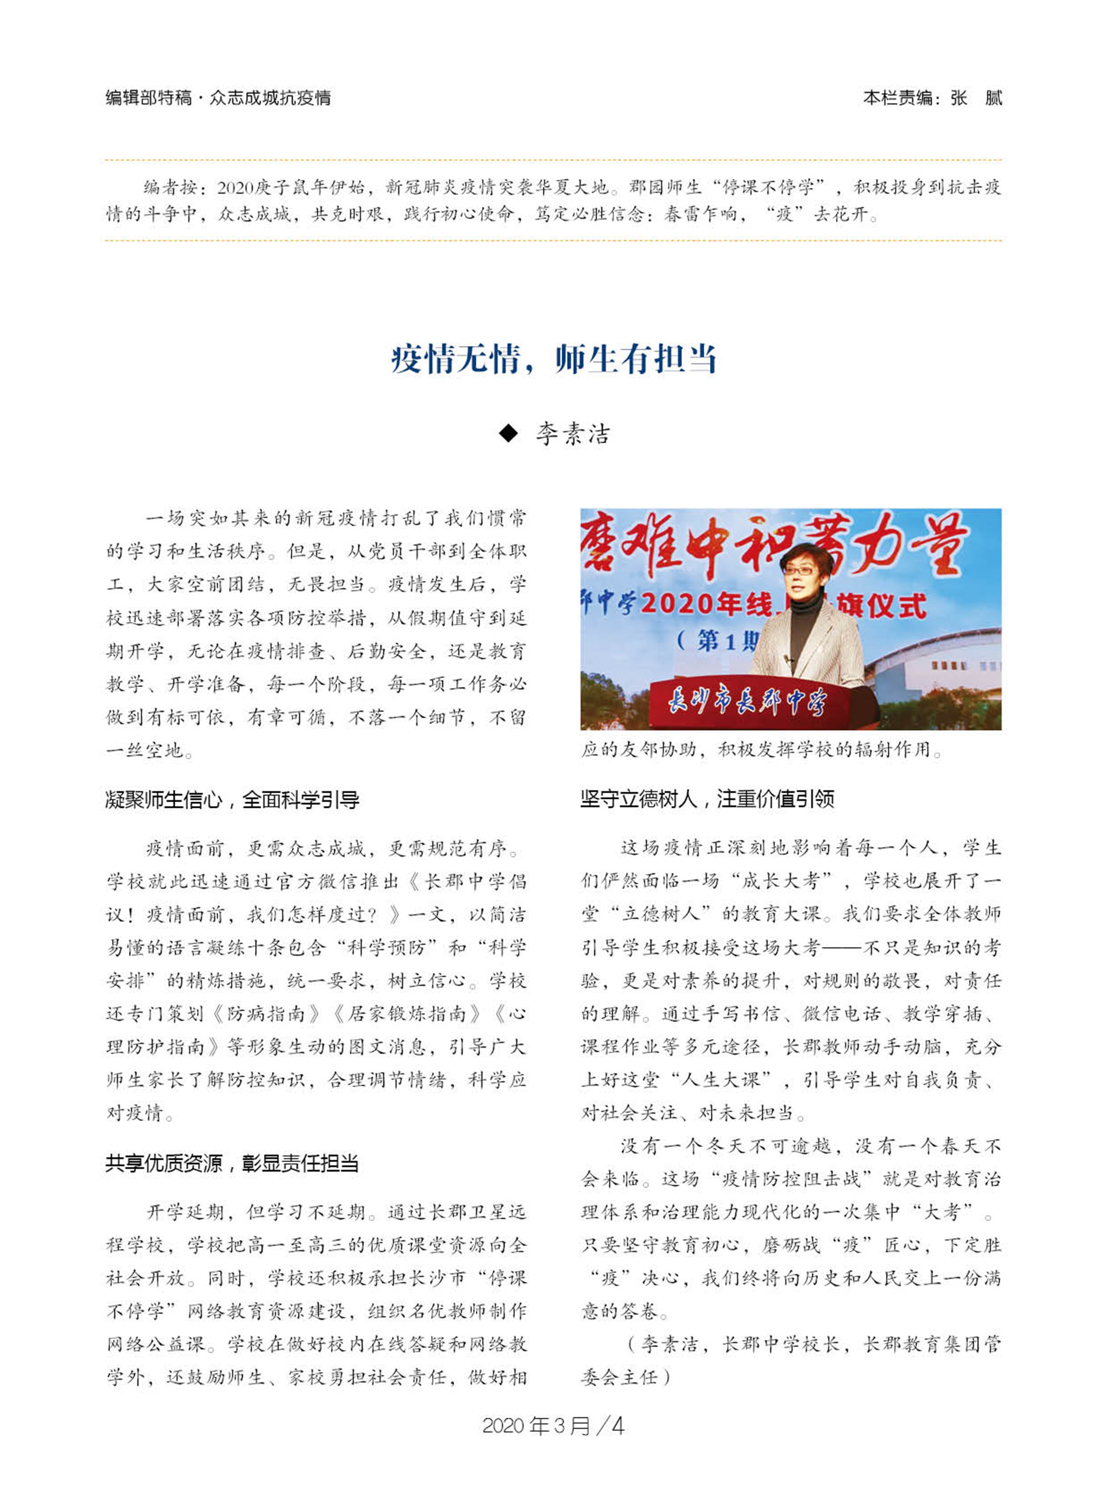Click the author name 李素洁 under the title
573,434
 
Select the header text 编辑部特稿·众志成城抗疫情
218,98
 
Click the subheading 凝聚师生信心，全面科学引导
232,799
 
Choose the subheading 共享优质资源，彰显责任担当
232,1163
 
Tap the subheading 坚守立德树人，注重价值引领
707,799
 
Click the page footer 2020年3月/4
553,1425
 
